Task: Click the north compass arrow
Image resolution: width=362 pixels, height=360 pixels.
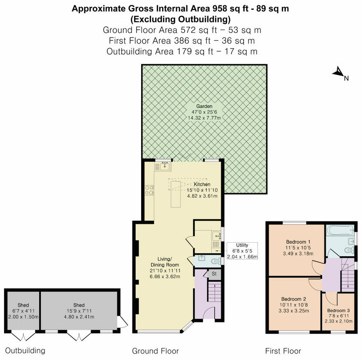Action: pyautogui.click(x=338, y=72)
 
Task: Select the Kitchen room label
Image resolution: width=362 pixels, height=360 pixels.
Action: pyautogui.click(x=202, y=184)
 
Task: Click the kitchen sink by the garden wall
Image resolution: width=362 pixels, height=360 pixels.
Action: pyautogui.click(x=163, y=166)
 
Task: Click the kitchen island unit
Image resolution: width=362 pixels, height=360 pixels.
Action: pyautogui.click(x=176, y=194)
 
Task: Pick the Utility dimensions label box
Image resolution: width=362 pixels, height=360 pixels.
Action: pyautogui.click(x=242, y=251)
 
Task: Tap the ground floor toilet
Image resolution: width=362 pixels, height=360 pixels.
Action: pyautogui.click(x=215, y=260)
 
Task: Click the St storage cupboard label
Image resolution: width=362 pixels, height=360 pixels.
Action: pyautogui.click(x=214, y=274)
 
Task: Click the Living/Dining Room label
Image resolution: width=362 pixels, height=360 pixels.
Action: pyautogui.click(x=165, y=267)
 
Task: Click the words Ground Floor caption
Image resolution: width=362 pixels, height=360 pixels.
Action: pyautogui.click(x=155, y=351)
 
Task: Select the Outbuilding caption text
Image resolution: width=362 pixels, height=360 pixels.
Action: pyautogui.click(x=25, y=351)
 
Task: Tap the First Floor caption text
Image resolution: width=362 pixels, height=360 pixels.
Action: pyautogui.click(x=283, y=351)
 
